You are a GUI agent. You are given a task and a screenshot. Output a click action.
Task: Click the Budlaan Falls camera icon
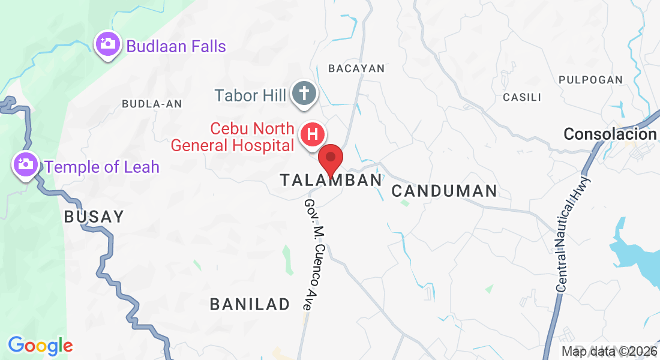click(x=107, y=44)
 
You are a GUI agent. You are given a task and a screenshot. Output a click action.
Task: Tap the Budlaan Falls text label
click(x=176, y=46)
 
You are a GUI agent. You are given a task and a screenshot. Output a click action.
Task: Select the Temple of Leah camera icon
click(x=26, y=164)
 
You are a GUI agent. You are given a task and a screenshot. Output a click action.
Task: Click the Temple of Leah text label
click(x=102, y=167)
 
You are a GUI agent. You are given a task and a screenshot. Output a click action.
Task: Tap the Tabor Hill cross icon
click(x=304, y=94)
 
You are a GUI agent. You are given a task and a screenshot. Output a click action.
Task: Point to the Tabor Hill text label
click(x=250, y=95)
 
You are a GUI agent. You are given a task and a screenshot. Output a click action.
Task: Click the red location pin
click(x=330, y=159)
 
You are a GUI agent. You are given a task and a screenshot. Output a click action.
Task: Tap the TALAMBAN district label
click(x=331, y=180)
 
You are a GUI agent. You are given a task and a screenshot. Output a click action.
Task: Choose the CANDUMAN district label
click(x=444, y=191)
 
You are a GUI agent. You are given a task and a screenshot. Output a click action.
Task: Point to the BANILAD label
click(x=250, y=304)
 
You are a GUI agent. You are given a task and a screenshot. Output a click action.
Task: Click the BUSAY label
click(x=94, y=217)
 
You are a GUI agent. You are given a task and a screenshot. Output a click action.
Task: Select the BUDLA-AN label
click(x=152, y=104)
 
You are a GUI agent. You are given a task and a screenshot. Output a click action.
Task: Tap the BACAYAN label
click(x=356, y=68)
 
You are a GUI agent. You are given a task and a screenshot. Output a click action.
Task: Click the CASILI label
click(x=522, y=97)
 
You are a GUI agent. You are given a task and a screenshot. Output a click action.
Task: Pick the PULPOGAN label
click(x=590, y=79)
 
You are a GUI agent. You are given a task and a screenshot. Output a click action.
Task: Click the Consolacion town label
click(x=610, y=134)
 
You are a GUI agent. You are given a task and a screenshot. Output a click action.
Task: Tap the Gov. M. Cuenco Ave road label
click(x=316, y=254)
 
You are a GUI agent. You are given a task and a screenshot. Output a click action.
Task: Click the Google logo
click(x=40, y=346)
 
